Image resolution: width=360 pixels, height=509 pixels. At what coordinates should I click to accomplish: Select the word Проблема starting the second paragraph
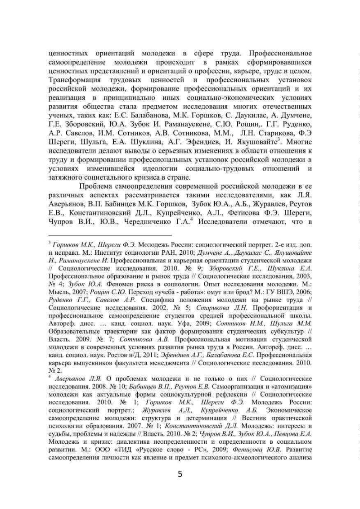point(99,187)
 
